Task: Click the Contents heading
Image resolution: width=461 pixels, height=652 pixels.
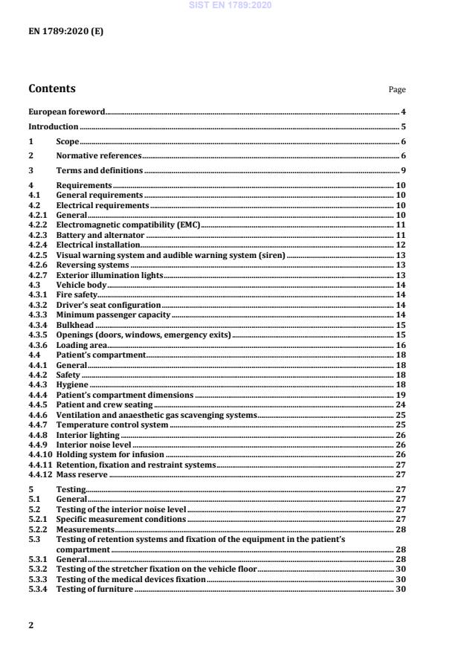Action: (x=52, y=89)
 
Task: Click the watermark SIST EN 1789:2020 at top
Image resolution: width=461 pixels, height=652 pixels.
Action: (x=230, y=5)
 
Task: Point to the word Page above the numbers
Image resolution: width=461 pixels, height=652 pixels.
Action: (x=397, y=90)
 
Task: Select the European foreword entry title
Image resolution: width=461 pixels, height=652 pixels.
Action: (x=67, y=112)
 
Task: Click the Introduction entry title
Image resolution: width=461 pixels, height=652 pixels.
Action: (x=54, y=127)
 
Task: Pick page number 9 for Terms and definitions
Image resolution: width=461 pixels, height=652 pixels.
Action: (x=402, y=171)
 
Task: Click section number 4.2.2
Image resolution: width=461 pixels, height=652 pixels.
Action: (x=37, y=224)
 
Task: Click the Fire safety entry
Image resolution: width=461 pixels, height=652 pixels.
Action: (x=77, y=295)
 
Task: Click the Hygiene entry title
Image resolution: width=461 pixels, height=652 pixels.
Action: (x=73, y=385)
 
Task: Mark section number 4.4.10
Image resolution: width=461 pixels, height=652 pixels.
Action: (x=40, y=454)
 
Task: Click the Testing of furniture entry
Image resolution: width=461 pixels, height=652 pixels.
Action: (x=94, y=590)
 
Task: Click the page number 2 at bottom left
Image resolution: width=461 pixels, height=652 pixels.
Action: (x=30, y=625)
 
